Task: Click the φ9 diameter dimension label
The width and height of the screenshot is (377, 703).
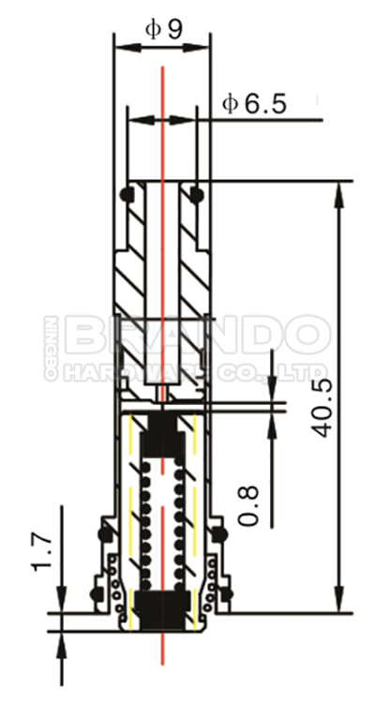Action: tap(163, 27)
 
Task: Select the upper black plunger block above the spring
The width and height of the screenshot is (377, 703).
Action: tap(162, 433)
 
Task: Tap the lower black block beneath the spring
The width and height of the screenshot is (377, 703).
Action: tap(162, 605)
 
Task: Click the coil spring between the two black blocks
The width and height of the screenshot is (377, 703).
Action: tap(162, 520)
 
